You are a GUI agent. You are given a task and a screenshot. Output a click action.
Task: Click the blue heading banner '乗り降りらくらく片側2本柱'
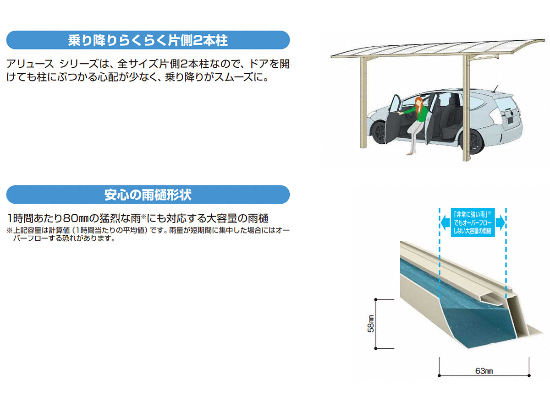(x=148, y=40)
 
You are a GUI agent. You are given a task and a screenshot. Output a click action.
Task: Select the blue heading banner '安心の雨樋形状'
(x=148, y=195)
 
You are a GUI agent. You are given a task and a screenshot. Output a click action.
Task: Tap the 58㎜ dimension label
(x=371, y=324)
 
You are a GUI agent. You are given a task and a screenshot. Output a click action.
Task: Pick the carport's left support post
(x=363, y=103)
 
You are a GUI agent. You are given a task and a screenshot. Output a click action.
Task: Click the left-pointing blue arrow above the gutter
(x=445, y=222)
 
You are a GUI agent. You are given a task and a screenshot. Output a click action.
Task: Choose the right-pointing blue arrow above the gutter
(x=500, y=222)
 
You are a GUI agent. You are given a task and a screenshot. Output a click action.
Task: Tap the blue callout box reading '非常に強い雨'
(x=473, y=222)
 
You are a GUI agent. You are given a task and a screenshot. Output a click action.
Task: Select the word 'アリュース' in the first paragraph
(x=30, y=64)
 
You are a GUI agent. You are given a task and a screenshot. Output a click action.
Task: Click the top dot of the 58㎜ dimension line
(x=375, y=299)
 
